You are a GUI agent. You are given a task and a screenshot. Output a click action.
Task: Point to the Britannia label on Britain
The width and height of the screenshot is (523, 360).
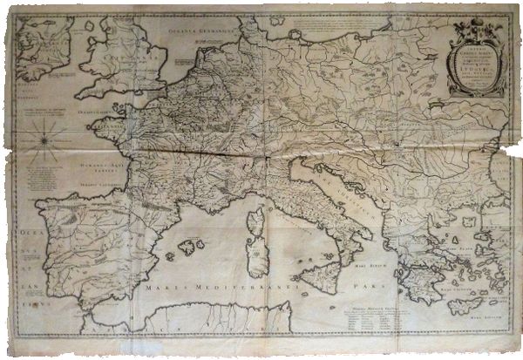click(113, 62)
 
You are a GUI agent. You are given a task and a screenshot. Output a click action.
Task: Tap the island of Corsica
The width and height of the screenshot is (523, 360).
click(255, 209)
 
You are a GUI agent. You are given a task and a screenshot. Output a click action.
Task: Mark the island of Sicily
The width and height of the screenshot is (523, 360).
click(316, 278)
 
